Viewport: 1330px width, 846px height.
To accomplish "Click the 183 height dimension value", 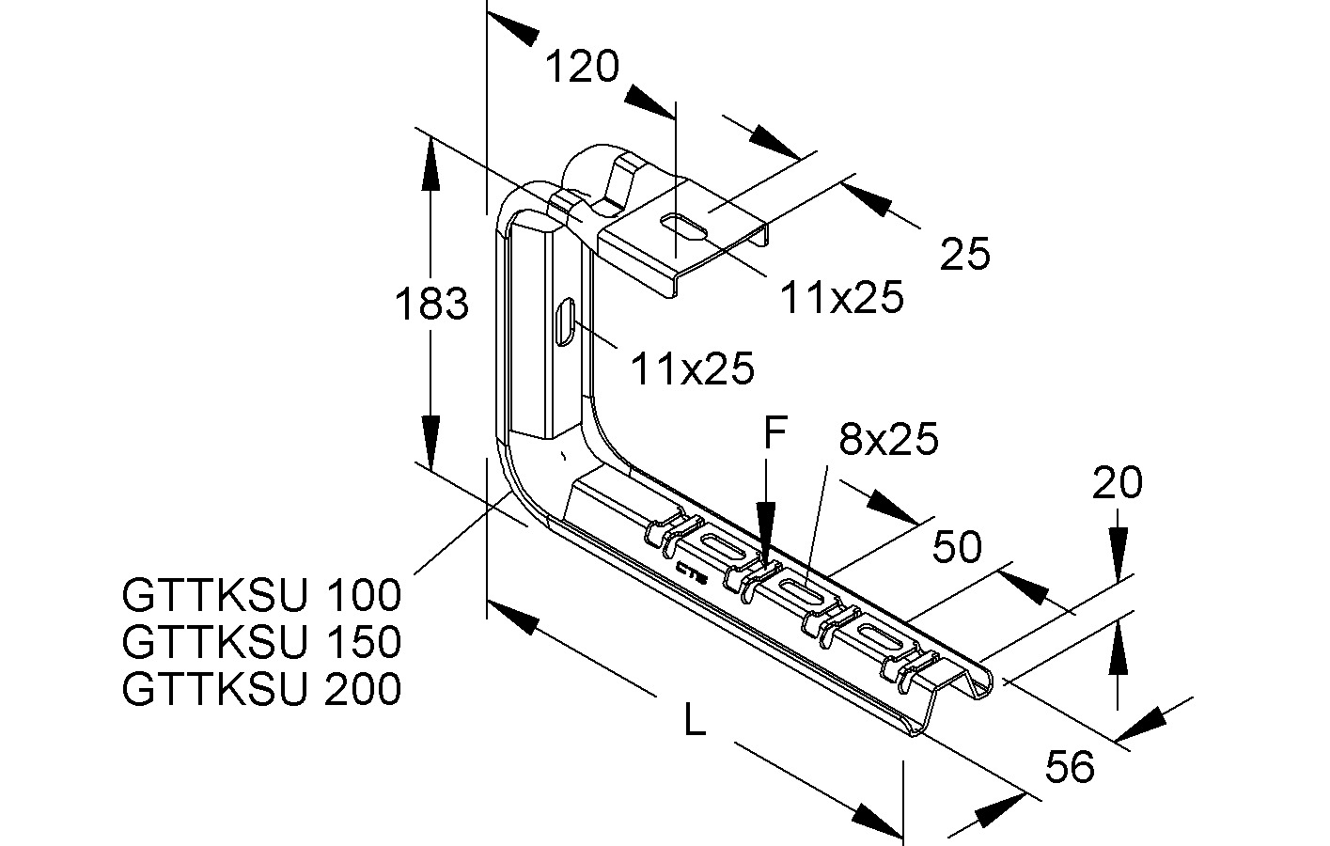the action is click(x=431, y=304).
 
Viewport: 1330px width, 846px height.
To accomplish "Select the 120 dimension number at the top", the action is click(x=582, y=66).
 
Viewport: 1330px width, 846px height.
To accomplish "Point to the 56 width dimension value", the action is click(x=1070, y=766).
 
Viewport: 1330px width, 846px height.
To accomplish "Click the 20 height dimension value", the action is click(x=1117, y=482).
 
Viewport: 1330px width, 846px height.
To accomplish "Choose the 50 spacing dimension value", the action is click(x=957, y=547).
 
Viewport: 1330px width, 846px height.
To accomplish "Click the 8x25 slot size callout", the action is click(x=889, y=439).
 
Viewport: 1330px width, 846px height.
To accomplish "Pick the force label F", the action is click(x=775, y=432).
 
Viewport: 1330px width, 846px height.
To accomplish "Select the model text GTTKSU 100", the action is click(x=262, y=595).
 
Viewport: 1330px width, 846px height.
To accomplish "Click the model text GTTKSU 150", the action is click(x=262, y=642).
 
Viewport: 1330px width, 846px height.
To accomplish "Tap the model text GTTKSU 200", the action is click(x=262, y=689).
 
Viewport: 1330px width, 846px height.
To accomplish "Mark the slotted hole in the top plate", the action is click(x=682, y=227).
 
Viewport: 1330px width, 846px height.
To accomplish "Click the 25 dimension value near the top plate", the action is click(x=965, y=254).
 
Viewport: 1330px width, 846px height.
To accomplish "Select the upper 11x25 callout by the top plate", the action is click(x=842, y=297).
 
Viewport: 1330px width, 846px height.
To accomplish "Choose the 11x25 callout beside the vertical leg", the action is click(x=693, y=368).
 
